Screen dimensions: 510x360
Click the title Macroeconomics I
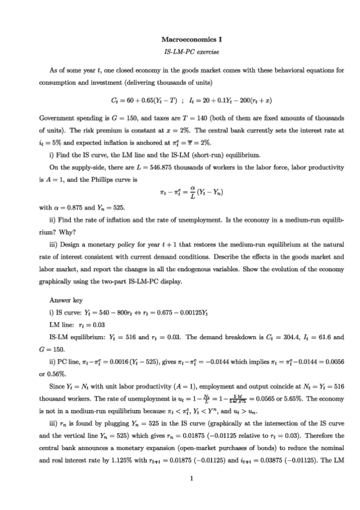pyautogui.click(x=180, y=39)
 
